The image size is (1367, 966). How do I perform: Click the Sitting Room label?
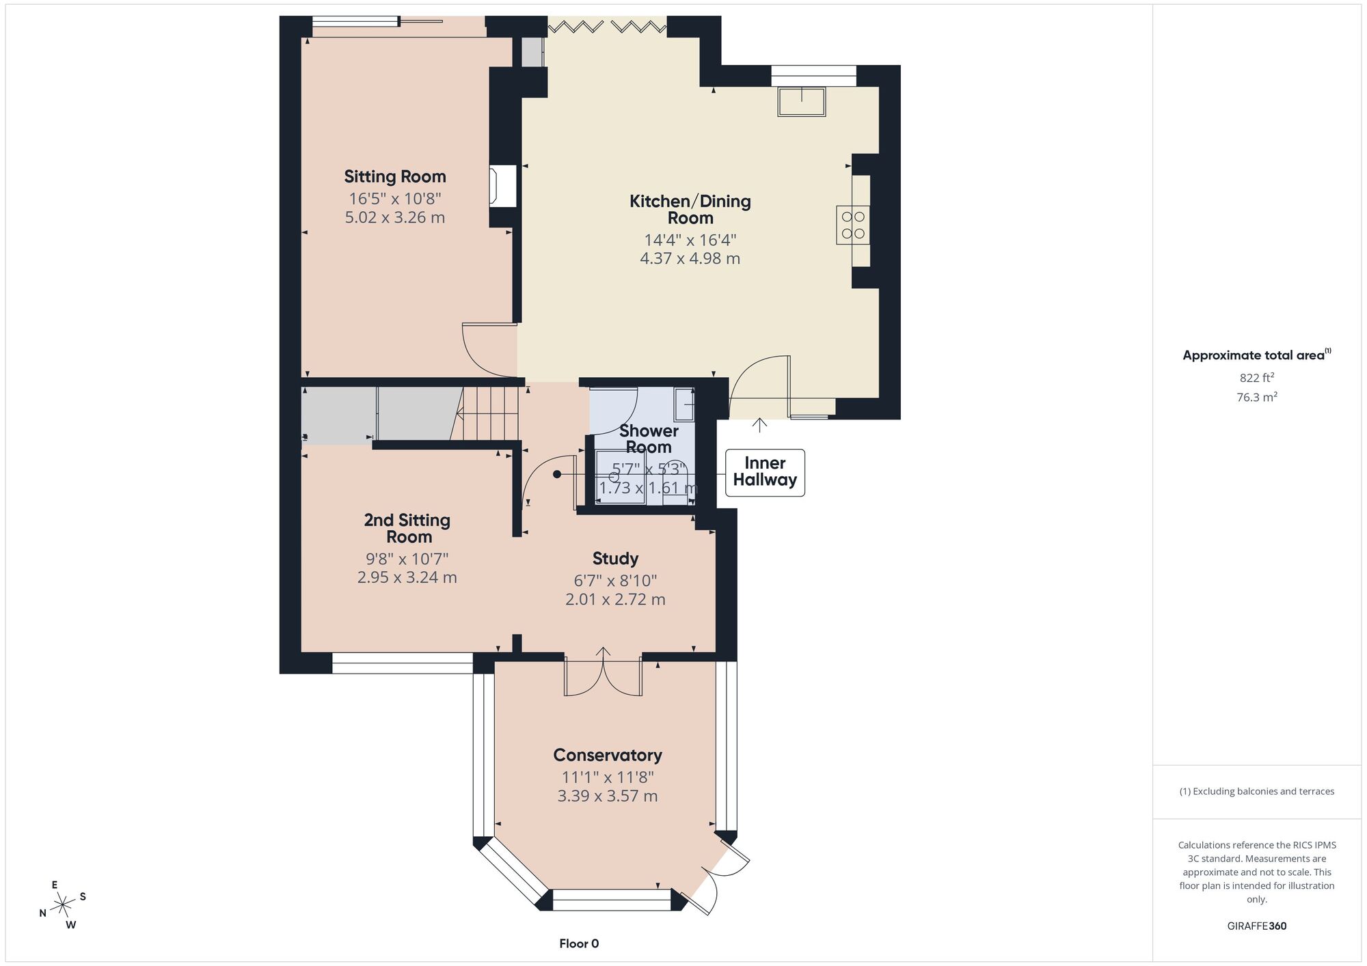(395, 176)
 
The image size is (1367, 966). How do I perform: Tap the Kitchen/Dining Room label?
(690, 209)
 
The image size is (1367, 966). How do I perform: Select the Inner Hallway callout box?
(765, 472)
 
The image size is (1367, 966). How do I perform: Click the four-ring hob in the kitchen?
(853, 225)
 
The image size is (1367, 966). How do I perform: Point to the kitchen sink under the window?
(802, 101)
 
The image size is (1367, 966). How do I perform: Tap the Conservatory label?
(608, 755)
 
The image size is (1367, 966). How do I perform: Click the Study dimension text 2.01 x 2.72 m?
(615, 599)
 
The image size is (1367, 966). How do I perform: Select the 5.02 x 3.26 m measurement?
(395, 217)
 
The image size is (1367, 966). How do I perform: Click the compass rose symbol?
(63, 905)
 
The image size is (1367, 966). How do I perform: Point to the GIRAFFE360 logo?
(1257, 926)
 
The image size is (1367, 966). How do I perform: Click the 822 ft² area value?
(1257, 377)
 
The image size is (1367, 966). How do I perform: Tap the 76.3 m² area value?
(1257, 397)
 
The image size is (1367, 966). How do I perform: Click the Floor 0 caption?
(579, 943)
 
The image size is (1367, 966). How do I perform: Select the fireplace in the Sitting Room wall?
(502, 186)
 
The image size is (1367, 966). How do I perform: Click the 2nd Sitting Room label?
(407, 528)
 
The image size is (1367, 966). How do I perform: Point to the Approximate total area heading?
(1257, 355)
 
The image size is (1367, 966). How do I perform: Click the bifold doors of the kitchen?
(607, 27)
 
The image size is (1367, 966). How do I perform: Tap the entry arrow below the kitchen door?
(759, 425)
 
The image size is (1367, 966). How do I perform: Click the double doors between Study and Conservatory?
(603, 673)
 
